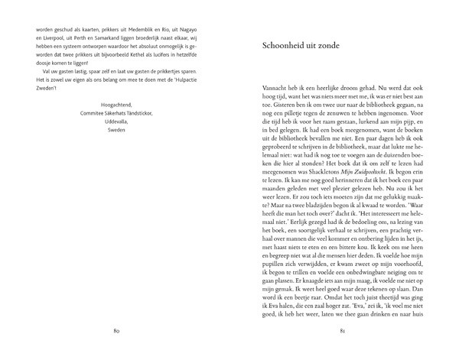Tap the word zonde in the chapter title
(348, 46)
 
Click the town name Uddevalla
(116, 121)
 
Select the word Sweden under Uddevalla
(116, 131)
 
